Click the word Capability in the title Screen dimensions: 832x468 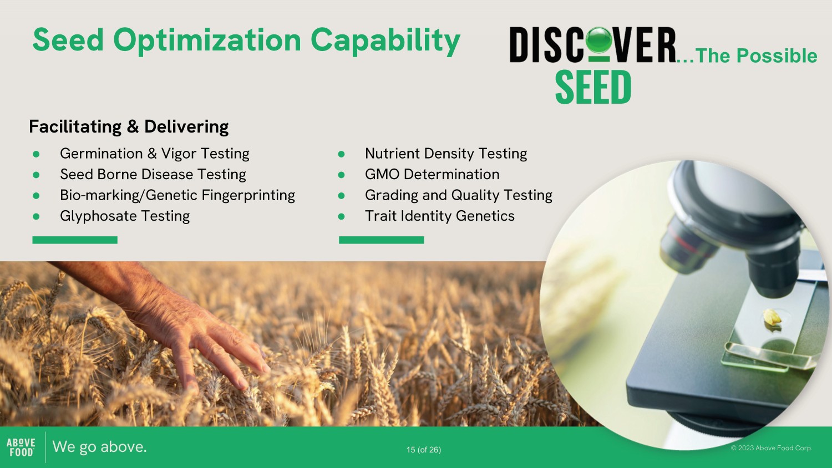point(385,41)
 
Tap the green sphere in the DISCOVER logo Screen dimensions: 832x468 point(598,40)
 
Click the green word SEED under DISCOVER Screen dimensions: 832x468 point(593,87)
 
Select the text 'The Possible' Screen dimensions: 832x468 point(756,55)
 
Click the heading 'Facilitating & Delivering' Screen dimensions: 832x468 point(129,126)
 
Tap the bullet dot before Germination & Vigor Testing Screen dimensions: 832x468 point(36,154)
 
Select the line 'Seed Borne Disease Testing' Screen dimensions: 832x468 point(153,174)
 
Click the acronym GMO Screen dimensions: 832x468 point(382,174)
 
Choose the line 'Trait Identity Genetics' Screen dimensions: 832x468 point(440,216)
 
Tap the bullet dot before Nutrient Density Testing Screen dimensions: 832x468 point(341,154)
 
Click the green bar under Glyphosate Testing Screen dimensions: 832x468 point(75,240)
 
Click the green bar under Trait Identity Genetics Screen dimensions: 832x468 point(382,240)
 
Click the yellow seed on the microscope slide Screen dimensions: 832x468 point(773,320)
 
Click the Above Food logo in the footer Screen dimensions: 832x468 point(21,447)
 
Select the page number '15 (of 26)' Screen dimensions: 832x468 point(424,450)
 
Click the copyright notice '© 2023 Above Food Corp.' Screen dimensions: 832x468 point(772,448)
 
